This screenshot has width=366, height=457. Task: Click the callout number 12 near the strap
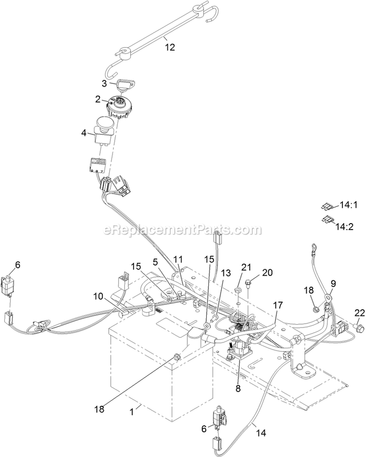tap(170, 47)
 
